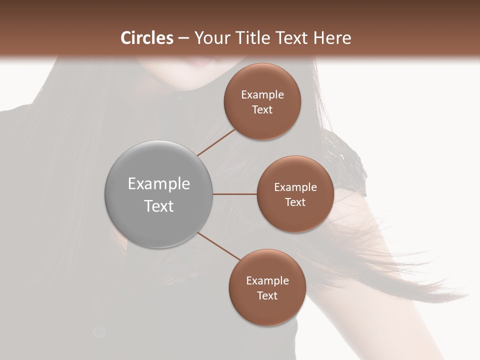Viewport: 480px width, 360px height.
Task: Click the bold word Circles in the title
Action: pos(147,38)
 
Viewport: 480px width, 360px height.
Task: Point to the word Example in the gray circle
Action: pos(159,184)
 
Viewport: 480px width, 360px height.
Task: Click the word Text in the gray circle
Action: pos(159,206)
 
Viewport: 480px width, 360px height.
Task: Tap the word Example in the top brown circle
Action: pos(262,95)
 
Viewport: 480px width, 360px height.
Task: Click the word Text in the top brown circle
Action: pos(262,110)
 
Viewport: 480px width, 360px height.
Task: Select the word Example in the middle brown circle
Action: pos(295,187)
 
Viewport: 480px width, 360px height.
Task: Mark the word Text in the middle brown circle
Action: pos(295,202)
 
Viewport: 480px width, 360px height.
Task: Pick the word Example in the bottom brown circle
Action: pos(267,281)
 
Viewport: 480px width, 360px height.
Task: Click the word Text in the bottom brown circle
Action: pos(267,296)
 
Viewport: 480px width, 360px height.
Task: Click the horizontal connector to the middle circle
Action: pos(234,194)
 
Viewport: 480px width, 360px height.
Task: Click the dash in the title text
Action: pos(183,38)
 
